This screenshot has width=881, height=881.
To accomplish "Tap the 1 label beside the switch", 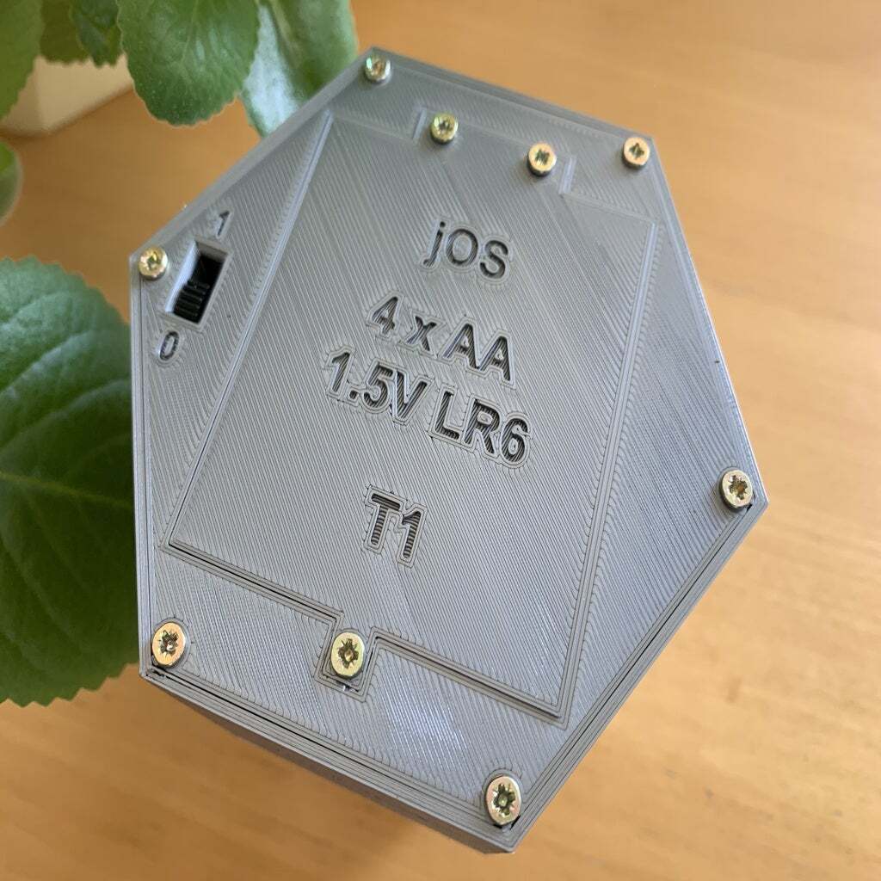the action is point(223,224).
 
